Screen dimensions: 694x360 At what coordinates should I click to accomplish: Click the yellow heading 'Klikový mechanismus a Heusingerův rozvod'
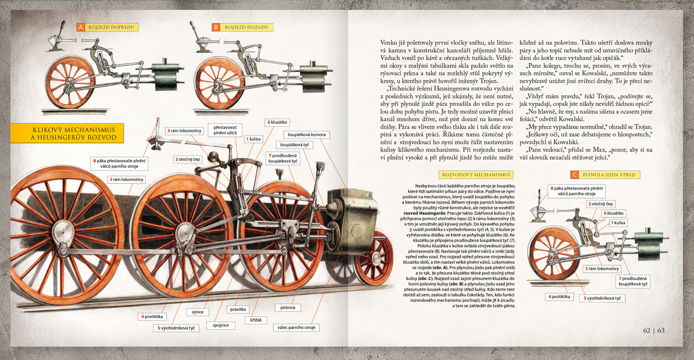(x=67, y=133)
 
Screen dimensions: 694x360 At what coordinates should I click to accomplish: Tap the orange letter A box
(x=81, y=27)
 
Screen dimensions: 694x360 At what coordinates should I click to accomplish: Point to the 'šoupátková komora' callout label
(x=306, y=134)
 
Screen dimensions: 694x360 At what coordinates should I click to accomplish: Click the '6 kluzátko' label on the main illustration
(x=277, y=122)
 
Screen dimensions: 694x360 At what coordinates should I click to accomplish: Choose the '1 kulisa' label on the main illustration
(x=254, y=139)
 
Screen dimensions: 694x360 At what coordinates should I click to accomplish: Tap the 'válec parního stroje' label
(x=296, y=327)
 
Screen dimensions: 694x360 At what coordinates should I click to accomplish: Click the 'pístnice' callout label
(x=288, y=307)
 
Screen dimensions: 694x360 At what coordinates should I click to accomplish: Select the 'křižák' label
(x=256, y=320)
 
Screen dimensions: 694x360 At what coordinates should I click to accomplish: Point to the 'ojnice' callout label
(x=198, y=312)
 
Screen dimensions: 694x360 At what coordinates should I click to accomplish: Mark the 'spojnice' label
(x=220, y=325)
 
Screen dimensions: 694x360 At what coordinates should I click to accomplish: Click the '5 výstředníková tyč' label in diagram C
(x=602, y=298)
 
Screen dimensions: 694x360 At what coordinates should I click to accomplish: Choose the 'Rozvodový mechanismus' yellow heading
(x=476, y=175)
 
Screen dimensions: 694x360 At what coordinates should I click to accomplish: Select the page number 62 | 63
(x=654, y=330)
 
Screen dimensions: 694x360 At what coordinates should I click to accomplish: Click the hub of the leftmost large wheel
(x=60, y=229)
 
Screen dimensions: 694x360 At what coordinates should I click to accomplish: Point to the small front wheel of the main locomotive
(x=373, y=258)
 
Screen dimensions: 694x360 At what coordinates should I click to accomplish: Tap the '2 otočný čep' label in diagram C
(x=601, y=204)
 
